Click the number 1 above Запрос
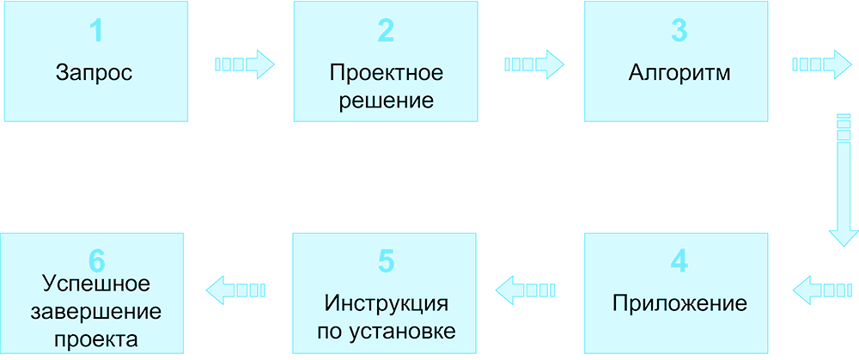96,32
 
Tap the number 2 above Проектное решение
386,32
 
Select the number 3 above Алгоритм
679,32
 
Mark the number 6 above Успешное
96,259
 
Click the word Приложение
679,304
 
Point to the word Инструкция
387,304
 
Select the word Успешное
96,284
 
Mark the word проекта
96,339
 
